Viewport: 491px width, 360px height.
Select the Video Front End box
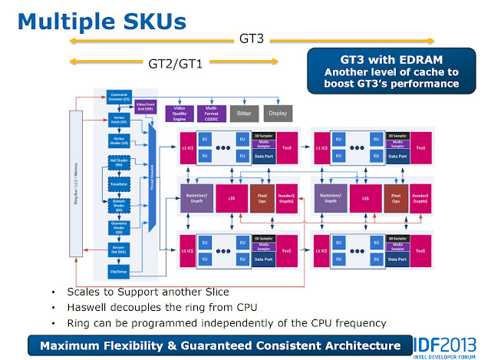point(147,107)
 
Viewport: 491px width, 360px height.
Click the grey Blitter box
point(244,113)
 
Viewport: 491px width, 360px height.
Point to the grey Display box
point(278,113)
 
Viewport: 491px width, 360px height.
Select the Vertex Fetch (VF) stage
point(118,121)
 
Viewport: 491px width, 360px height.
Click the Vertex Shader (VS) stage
point(118,142)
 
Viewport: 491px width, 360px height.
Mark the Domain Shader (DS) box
point(118,204)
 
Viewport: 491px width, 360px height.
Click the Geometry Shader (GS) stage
point(118,227)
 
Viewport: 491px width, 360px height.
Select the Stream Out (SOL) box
point(118,249)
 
